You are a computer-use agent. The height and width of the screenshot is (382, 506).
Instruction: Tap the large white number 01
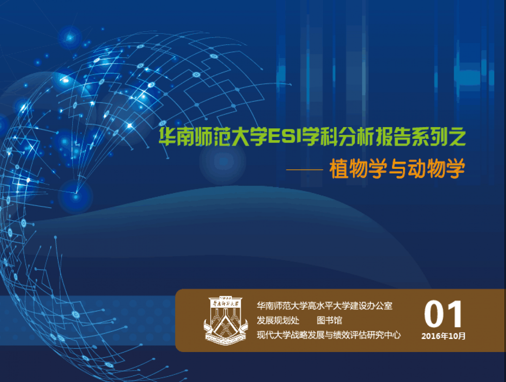pyautogui.click(x=443, y=314)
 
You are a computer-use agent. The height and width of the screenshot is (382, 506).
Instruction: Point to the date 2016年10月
pyautogui.click(x=443, y=336)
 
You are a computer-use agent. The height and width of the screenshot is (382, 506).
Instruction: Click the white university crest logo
pyautogui.click(x=226, y=321)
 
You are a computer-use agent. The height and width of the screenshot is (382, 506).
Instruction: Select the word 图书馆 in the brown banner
pyautogui.click(x=329, y=320)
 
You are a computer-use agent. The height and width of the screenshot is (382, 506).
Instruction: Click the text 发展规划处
pyautogui.click(x=278, y=320)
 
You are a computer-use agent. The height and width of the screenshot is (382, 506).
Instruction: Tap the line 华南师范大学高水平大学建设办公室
pyautogui.click(x=325, y=306)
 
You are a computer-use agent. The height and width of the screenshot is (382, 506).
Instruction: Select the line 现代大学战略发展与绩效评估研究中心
pyautogui.click(x=329, y=335)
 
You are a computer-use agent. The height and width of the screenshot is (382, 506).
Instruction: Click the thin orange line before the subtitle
pyautogui.click(x=304, y=170)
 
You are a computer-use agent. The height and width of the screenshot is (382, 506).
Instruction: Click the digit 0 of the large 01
pyautogui.click(x=433, y=314)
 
